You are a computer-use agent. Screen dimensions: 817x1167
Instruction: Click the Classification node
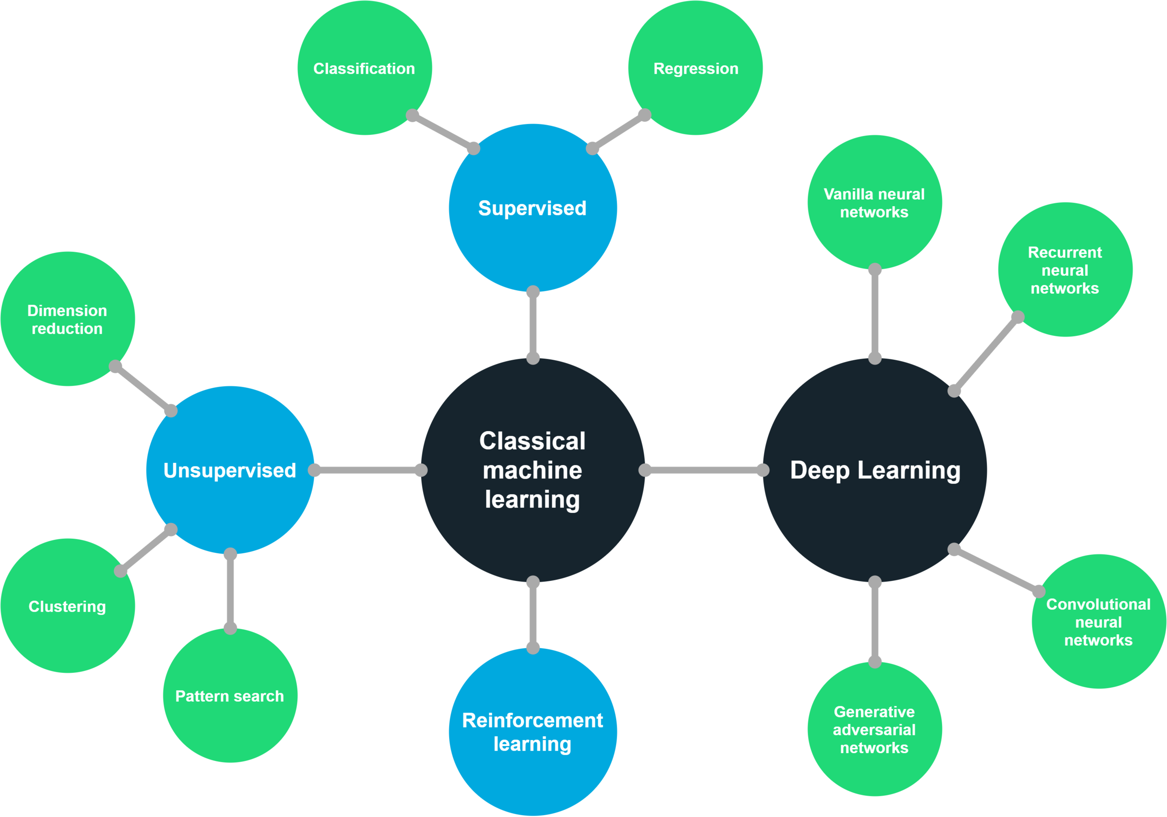click(x=365, y=68)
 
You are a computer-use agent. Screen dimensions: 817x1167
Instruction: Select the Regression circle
click(x=696, y=68)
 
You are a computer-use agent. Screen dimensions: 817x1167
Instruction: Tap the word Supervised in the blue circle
click(x=532, y=208)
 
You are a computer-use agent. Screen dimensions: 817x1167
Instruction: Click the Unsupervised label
click(x=230, y=470)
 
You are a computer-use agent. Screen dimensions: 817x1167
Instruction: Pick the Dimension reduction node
click(x=67, y=319)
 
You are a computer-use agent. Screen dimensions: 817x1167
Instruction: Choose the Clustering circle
click(x=67, y=606)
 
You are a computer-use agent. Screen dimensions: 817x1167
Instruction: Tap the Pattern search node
click(x=230, y=696)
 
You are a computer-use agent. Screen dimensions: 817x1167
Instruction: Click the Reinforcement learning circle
click(x=532, y=732)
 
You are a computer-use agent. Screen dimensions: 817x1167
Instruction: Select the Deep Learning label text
click(x=875, y=470)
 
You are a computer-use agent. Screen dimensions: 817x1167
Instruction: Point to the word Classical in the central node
click(x=532, y=441)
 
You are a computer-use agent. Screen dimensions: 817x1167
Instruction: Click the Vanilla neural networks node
click(x=874, y=203)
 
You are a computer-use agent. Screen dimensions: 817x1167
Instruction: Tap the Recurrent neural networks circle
click(x=1065, y=270)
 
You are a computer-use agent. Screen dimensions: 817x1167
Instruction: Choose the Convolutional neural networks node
click(x=1098, y=622)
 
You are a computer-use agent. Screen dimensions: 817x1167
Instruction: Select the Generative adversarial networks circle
click(x=874, y=730)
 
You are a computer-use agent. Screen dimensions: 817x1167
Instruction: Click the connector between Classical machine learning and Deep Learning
click(x=704, y=470)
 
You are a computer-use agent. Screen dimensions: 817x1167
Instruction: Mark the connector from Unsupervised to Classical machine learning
click(x=367, y=470)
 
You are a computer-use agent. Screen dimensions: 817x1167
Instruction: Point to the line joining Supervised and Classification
click(x=443, y=132)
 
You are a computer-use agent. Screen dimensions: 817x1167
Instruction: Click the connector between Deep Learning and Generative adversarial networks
click(x=875, y=622)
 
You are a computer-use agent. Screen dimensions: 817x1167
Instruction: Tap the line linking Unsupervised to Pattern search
click(x=230, y=591)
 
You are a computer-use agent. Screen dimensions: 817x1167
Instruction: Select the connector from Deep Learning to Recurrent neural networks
click(x=985, y=354)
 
